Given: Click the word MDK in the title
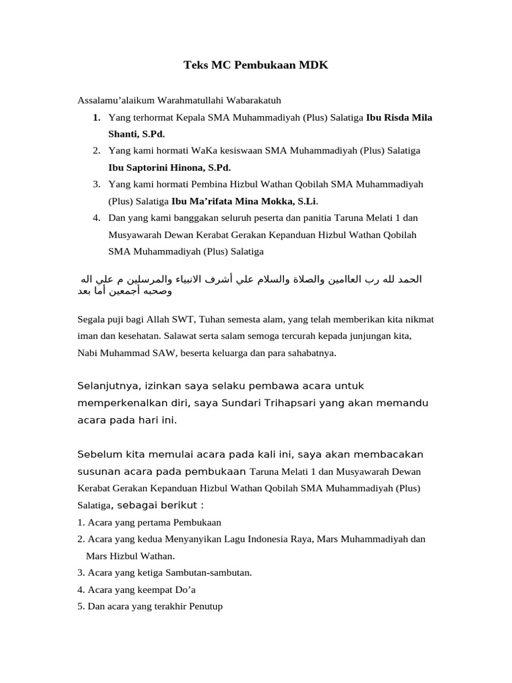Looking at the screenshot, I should pos(312,65).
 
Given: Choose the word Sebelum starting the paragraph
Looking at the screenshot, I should pos(100,454).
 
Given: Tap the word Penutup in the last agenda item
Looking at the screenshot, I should pos(203,606).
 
